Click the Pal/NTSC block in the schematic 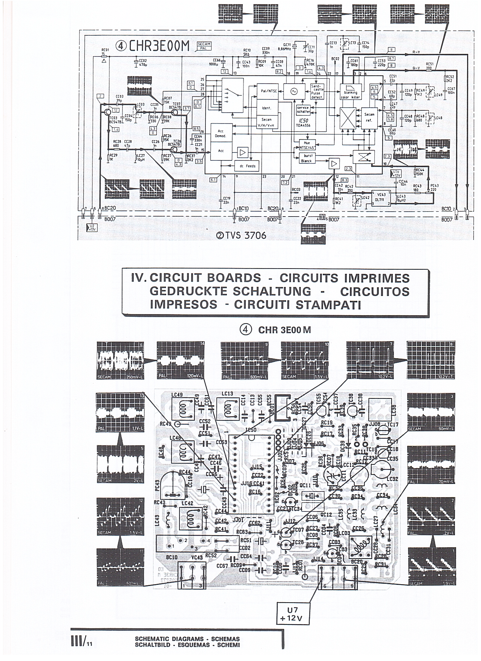267,91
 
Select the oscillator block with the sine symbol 294,91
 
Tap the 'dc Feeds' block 247,166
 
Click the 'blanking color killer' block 351,92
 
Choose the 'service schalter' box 303,109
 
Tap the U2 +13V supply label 92,227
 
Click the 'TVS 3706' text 241,235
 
